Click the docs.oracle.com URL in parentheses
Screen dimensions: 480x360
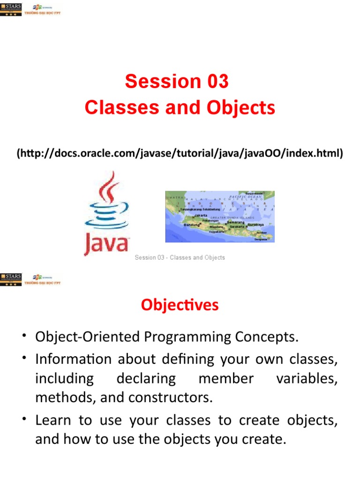[x=180, y=153]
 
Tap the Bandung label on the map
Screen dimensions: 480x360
[x=191, y=225]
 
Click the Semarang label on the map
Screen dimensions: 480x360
[x=235, y=222]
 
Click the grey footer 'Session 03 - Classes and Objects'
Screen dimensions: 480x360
[x=180, y=257]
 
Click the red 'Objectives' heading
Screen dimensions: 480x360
[x=180, y=305]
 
